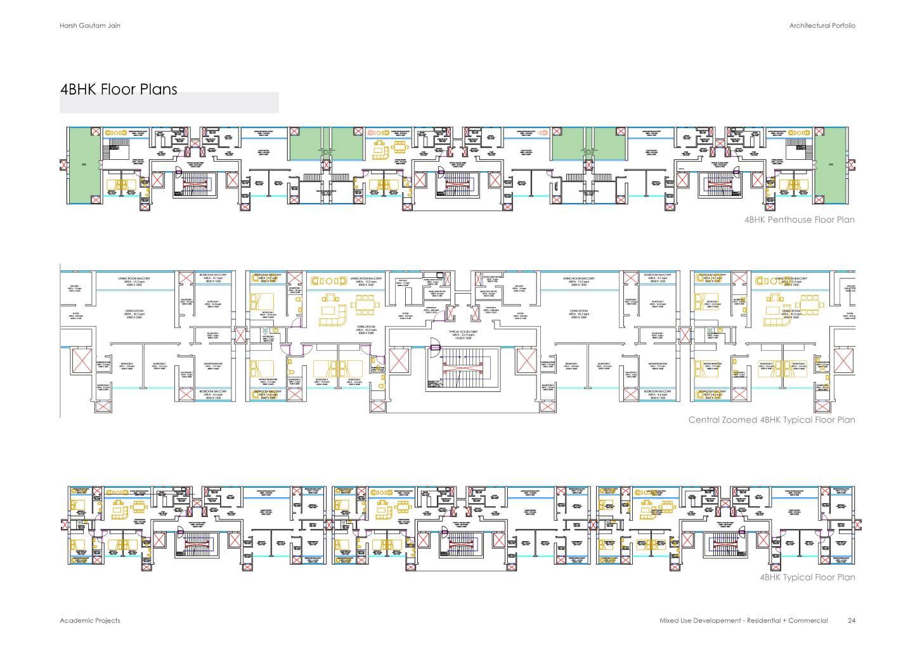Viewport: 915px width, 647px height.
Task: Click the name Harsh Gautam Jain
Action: click(89, 25)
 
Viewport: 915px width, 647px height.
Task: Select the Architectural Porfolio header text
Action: click(822, 25)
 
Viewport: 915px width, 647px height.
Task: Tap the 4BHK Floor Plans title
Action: click(119, 89)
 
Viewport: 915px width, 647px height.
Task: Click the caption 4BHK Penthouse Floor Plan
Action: click(800, 219)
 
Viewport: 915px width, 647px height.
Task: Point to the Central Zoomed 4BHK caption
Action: click(772, 420)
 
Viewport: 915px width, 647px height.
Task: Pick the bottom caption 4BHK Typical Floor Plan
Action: click(807, 577)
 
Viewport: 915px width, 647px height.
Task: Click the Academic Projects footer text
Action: click(89, 620)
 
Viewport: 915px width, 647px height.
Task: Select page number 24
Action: click(852, 620)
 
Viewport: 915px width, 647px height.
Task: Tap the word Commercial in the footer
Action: click(808, 620)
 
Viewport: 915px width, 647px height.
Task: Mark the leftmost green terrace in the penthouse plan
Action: click(84, 164)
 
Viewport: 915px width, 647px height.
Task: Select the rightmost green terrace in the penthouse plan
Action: click(830, 164)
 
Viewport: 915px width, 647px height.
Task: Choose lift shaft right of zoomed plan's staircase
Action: click(526, 362)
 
